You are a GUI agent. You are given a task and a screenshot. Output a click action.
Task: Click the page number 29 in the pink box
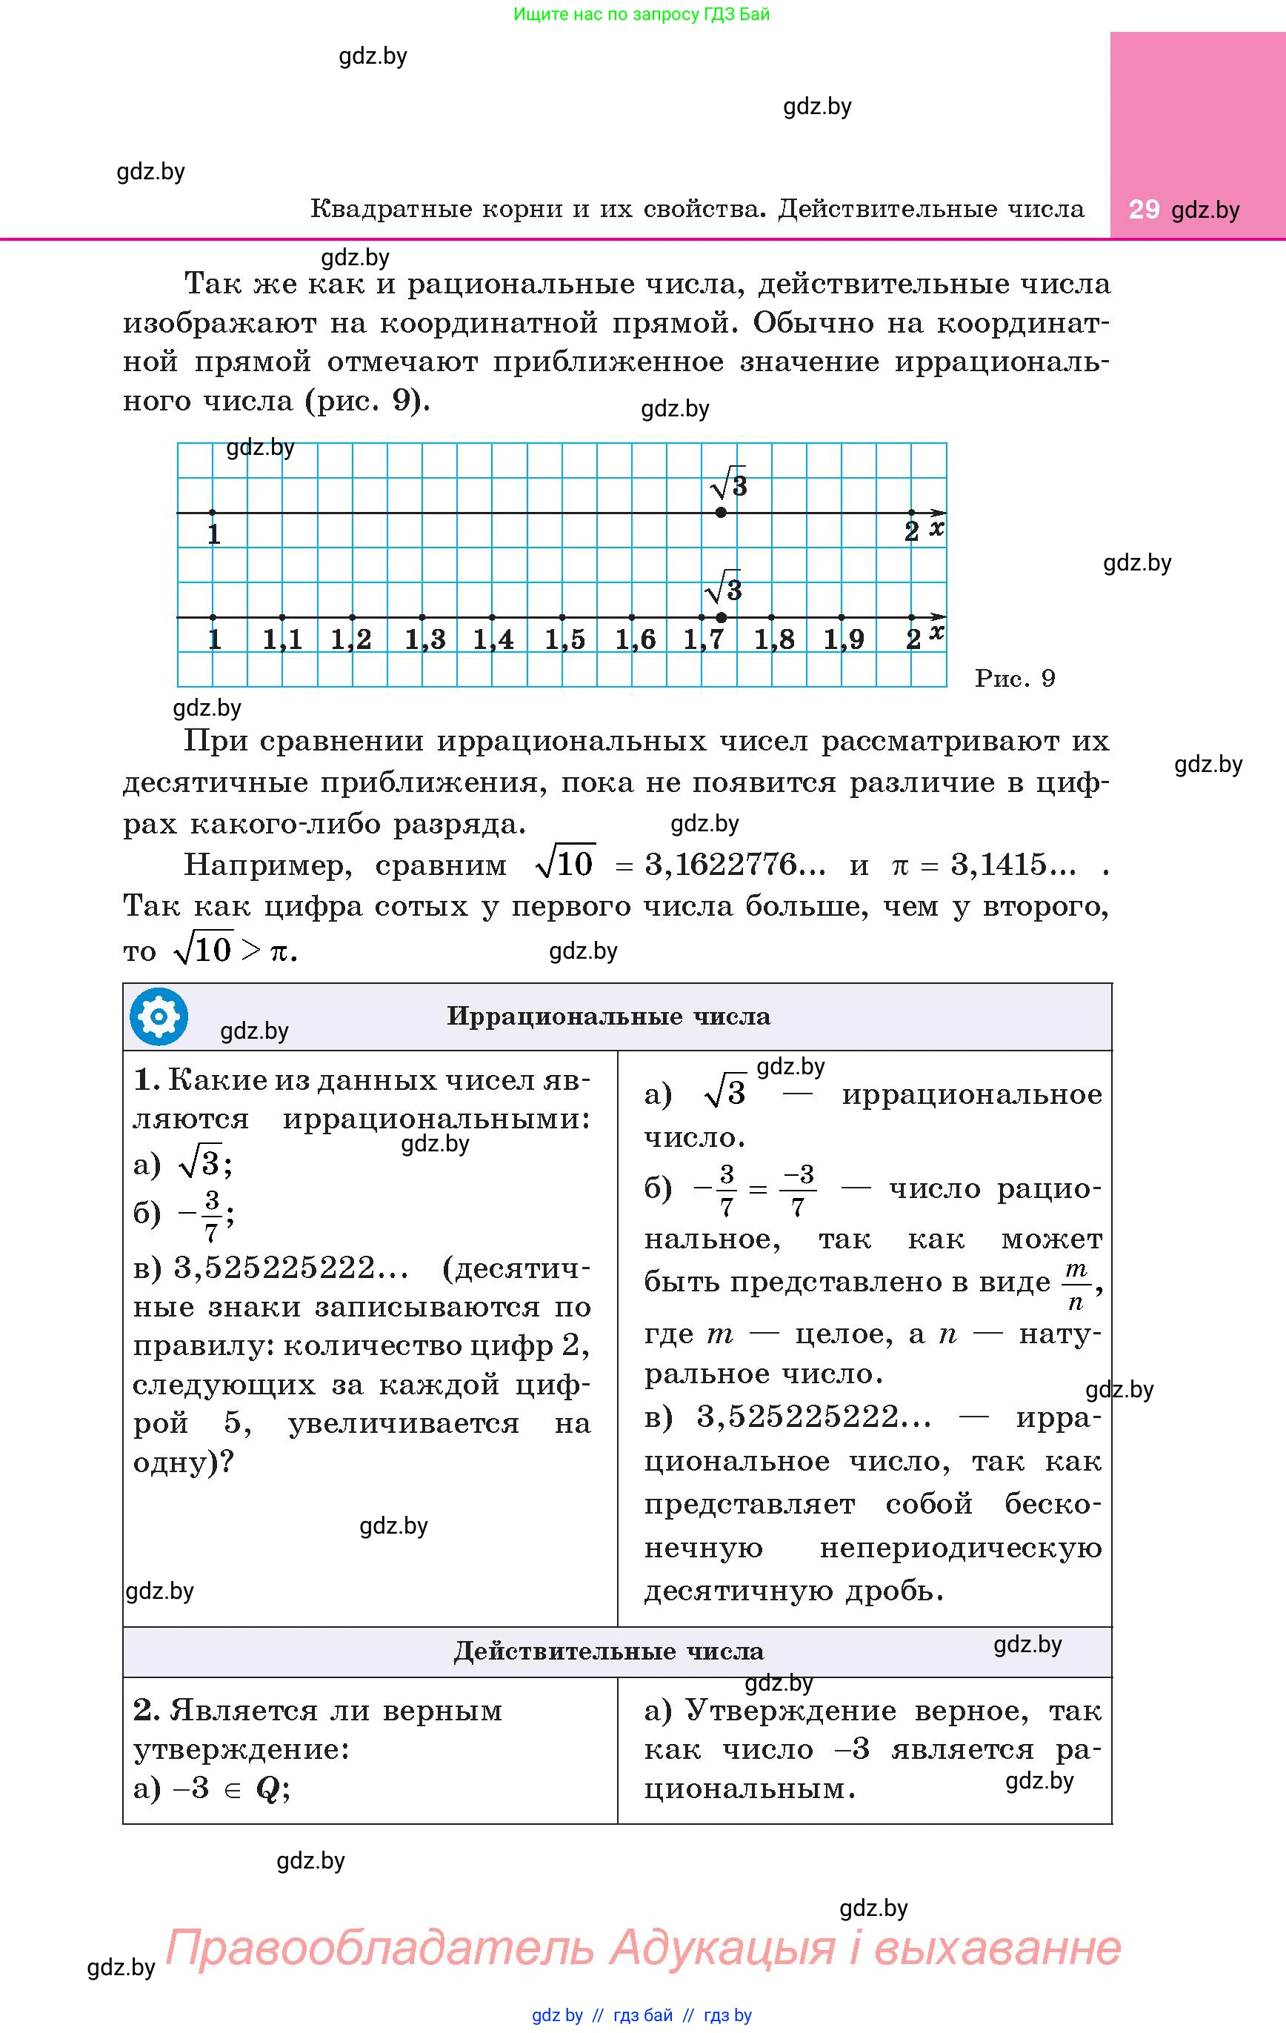pos(1145,210)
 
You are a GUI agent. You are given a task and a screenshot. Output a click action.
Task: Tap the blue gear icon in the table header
pos(159,1016)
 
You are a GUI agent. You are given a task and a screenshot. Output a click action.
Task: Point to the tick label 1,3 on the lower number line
pos(424,639)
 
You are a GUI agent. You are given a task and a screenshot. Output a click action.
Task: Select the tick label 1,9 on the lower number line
pos(844,639)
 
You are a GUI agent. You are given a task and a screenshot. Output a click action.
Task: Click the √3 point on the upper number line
pos(720,513)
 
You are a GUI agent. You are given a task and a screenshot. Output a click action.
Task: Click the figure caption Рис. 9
pos(1014,678)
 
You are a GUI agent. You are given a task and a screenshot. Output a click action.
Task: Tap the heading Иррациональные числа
pos(608,1016)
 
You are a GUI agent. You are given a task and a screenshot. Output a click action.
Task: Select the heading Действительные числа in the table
pos(608,1651)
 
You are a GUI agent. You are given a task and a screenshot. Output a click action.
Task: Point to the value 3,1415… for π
pos(1013,865)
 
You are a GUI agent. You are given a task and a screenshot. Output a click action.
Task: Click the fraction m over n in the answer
pos(1076,1283)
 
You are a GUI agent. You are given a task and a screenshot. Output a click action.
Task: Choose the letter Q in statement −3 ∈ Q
pos(267,1789)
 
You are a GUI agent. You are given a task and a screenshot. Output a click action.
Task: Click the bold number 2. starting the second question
pos(147,1711)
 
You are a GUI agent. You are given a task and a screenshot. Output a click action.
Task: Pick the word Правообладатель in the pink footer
pos(379,1947)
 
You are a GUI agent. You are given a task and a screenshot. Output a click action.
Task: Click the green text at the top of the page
pos(642,14)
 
